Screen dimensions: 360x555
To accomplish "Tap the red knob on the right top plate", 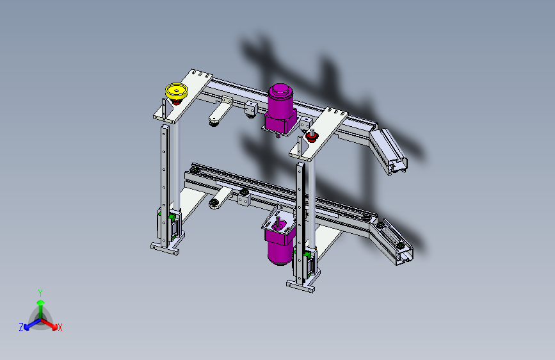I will click(x=312, y=135).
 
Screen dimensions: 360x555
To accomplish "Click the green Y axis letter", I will click(x=40, y=292).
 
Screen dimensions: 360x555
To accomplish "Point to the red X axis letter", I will click(x=60, y=328).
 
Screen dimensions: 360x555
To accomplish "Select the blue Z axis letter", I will click(x=21, y=327).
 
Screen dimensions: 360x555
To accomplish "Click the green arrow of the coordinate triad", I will click(x=40, y=304).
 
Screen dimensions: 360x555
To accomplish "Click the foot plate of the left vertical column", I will click(x=166, y=249).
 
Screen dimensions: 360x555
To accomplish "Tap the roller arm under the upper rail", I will click(x=218, y=114).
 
